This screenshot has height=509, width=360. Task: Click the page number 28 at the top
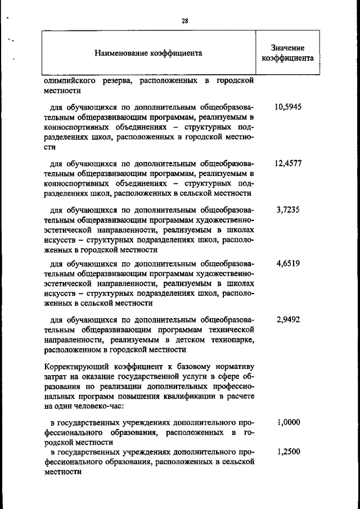point(184,21)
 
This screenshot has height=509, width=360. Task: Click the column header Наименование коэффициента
point(148,53)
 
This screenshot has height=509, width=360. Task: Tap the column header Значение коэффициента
point(287,53)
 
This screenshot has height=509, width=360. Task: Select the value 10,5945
point(288,107)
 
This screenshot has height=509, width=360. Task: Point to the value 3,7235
point(288,210)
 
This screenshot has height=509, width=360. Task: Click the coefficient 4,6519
point(288,263)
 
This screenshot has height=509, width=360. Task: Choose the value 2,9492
point(288,319)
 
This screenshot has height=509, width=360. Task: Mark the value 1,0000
point(288,422)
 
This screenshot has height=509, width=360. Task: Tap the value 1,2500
point(288,452)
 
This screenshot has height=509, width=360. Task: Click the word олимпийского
point(71,81)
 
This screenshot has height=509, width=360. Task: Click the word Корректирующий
point(73,367)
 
